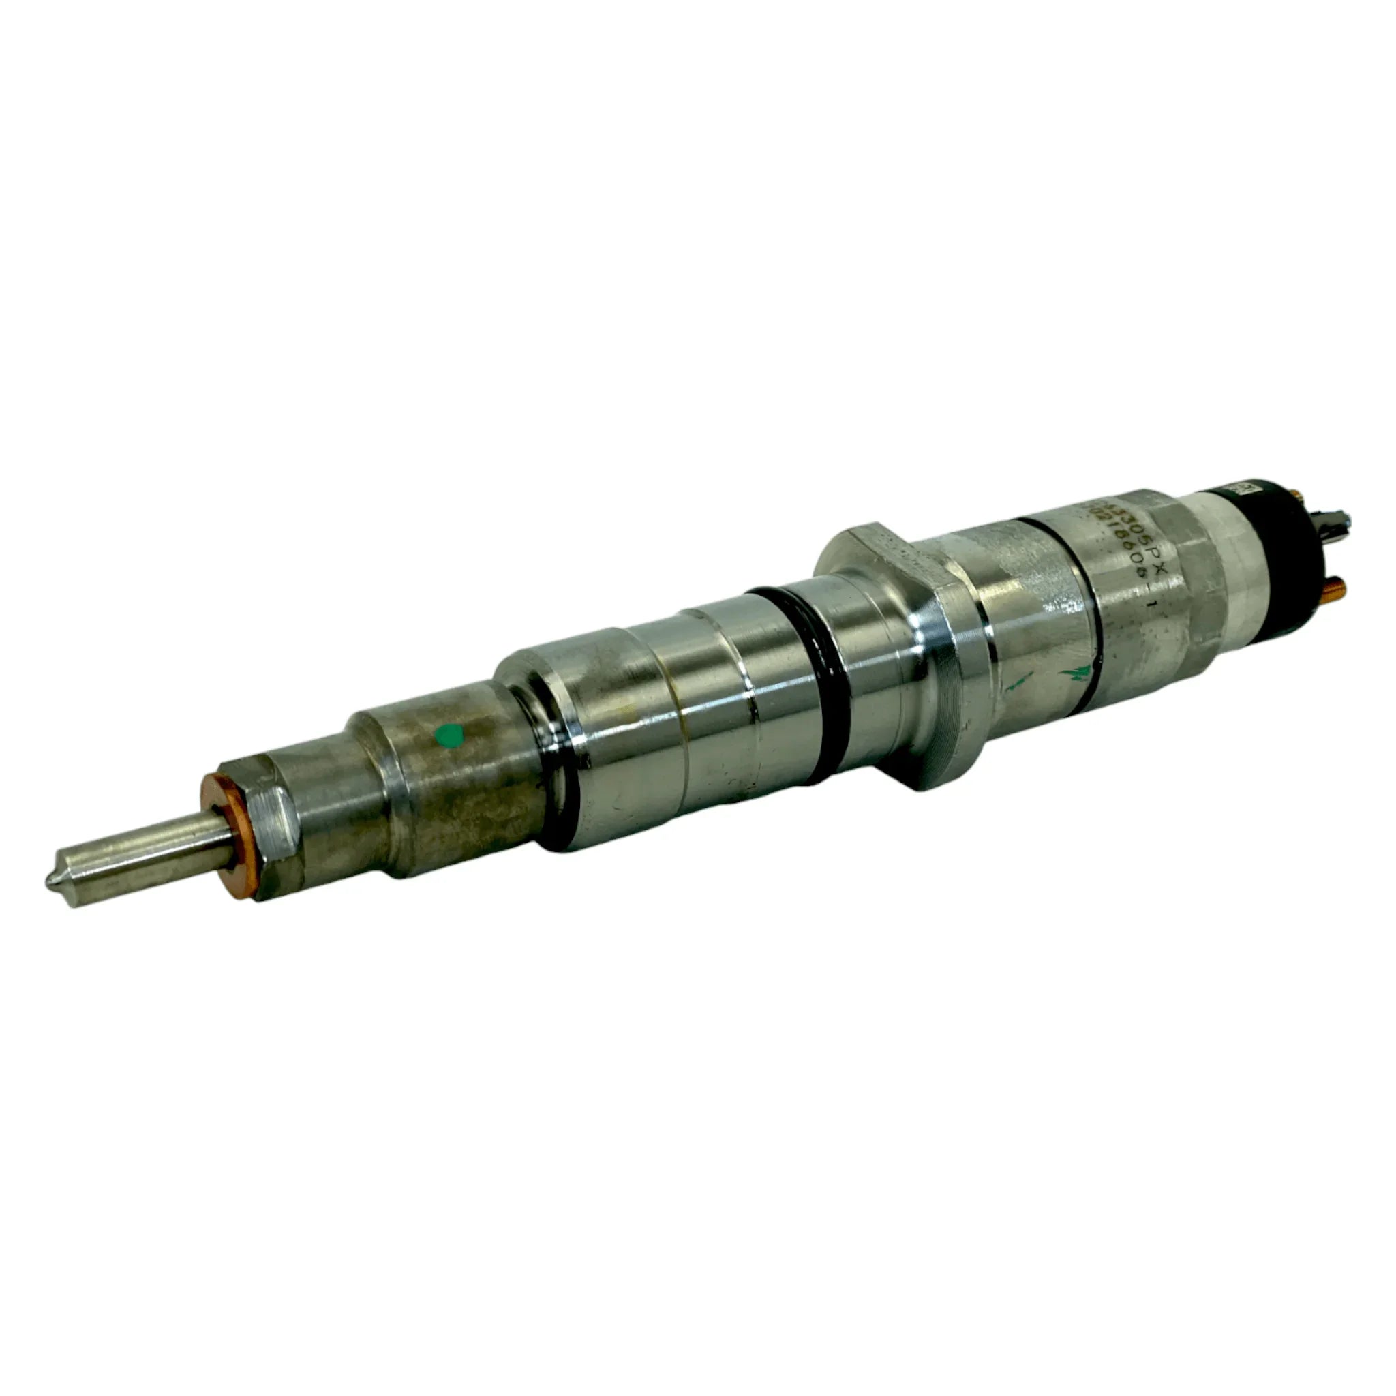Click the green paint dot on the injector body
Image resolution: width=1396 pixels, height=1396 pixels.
click(x=450, y=735)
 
